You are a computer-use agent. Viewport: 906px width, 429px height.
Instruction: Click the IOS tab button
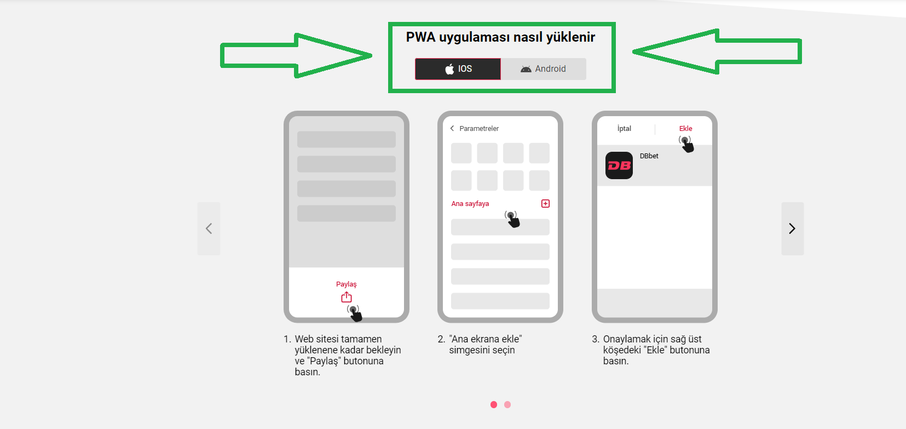click(x=458, y=69)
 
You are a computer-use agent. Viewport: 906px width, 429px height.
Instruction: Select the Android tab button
click(x=543, y=69)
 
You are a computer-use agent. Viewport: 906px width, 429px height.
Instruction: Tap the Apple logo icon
click(x=449, y=69)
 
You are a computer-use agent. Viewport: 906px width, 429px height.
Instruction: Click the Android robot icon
click(x=526, y=69)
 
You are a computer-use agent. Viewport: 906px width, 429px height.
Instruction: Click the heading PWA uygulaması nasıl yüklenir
click(x=500, y=37)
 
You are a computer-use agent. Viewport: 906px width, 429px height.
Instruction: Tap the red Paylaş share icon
click(x=347, y=297)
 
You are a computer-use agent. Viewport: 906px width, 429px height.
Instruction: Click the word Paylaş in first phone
click(x=346, y=284)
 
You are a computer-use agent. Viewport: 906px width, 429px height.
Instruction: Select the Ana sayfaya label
click(x=470, y=204)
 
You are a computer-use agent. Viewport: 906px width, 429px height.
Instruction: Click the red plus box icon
click(x=545, y=204)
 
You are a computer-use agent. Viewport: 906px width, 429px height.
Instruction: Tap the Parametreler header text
click(x=479, y=128)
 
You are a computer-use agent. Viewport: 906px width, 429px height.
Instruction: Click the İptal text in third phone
click(x=624, y=128)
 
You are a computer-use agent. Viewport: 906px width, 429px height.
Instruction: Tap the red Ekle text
click(x=685, y=128)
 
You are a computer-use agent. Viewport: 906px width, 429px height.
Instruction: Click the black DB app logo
click(x=619, y=165)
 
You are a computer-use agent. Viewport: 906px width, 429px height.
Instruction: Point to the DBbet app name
click(x=649, y=156)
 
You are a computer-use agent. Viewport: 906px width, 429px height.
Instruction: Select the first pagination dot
click(x=494, y=404)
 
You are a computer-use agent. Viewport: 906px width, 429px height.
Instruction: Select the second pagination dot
click(x=507, y=404)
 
